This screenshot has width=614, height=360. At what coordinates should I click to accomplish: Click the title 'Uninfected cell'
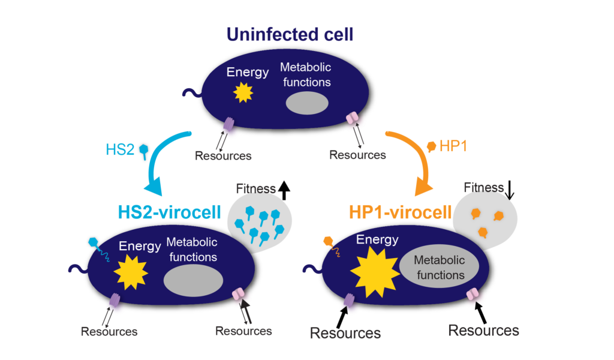click(x=290, y=34)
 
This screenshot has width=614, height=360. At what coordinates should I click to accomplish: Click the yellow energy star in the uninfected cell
click(x=243, y=92)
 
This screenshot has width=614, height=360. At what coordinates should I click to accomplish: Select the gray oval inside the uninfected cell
click(x=306, y=103)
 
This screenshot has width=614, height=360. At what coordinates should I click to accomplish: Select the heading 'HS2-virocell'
click(x=168, y=211)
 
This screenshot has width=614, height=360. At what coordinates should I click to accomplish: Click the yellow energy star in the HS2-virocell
click(x=131, y=271)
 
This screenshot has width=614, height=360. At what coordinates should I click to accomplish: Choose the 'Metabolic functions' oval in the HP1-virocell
click(x=439, y=268)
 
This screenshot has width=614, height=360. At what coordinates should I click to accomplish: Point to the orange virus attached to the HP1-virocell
click(x=329, y=241)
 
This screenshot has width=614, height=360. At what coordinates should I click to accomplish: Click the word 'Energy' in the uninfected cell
click(x=247, y=73)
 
